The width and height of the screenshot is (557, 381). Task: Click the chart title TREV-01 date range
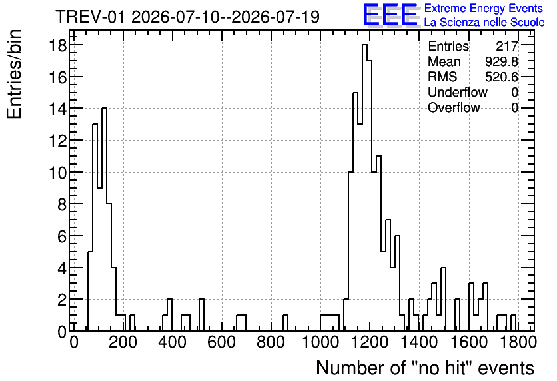[188, 17]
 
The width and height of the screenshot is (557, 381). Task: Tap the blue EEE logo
[390, 15]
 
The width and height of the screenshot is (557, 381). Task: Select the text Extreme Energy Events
[484, 8]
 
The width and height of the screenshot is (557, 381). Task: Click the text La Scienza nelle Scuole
[484, 22]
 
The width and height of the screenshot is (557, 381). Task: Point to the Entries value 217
[507, 46]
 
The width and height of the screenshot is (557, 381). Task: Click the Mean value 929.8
[502, 61]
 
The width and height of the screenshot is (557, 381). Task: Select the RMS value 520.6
[502, 77]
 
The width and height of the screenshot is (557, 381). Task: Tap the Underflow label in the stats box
[458, 92]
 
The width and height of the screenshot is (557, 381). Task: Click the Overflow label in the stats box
[454, 107]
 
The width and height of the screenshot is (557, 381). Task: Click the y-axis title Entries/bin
[14, 74]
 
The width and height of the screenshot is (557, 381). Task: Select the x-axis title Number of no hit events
[425, 368]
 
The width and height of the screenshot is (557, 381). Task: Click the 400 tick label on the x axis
[173, 342]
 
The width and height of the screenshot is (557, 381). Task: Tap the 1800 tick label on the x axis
[518, 342]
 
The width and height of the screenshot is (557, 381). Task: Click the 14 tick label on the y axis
[57, 109]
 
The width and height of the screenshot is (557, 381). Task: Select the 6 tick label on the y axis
[62, 236]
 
